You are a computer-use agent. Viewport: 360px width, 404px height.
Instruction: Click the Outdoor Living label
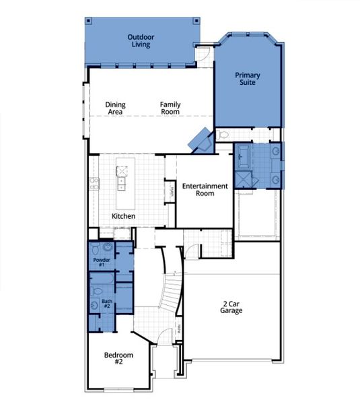(140, 40)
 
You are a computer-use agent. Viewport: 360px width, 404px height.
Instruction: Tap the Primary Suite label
(247, 79)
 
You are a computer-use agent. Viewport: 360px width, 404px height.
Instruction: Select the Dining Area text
(115, 108)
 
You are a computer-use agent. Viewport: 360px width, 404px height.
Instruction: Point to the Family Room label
(170, 108)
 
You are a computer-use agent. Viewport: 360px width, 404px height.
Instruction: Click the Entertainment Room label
(205, 189)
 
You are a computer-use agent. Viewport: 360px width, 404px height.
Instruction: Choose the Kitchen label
(124, 216)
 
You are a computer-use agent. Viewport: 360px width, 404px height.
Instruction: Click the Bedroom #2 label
(118, 358)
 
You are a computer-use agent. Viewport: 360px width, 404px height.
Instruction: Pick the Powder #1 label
(102, 262)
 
